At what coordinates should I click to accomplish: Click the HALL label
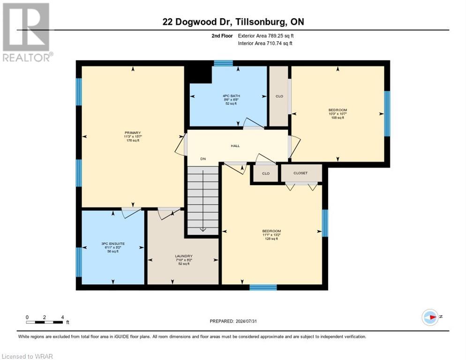[235, 146]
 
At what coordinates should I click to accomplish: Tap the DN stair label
[203, 159]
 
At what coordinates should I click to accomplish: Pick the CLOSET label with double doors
[301, 173]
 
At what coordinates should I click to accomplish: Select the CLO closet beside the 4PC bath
[279, 96]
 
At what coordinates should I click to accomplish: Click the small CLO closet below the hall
[265, 173]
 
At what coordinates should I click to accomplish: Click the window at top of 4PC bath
[224, 63]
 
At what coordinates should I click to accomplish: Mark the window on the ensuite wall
[79, 262]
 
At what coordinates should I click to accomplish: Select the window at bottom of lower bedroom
[263, 287]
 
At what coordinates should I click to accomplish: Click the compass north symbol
[430, 317]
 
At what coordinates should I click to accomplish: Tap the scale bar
[45, 322]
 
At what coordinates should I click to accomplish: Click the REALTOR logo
[26, 32]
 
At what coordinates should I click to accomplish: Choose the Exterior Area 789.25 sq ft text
[266, 36]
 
